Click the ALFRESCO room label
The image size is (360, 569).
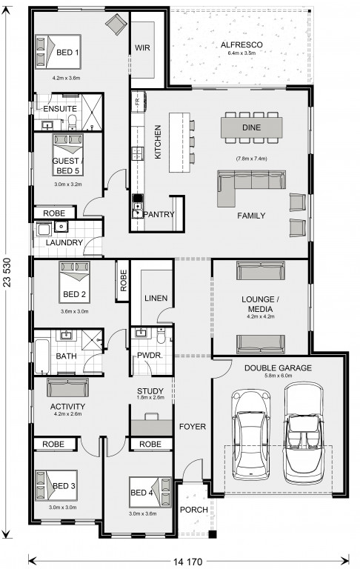point(241,45)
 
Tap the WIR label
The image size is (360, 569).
point(142,47)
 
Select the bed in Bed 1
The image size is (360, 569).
point(58,52)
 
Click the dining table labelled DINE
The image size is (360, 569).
point(252,127)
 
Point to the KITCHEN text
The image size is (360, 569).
point(158,142)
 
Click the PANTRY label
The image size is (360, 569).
point(159,214)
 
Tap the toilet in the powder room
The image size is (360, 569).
point(161,336)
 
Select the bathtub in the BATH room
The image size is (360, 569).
point(41,356)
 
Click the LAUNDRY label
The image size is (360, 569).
point(64,242)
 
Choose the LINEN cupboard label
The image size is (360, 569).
point(156,299)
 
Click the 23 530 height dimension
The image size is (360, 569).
point(7,273)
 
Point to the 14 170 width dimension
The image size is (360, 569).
point(187,562)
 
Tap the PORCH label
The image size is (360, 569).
point(194,510)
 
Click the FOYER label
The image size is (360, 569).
point(193,427)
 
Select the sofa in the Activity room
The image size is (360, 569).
point(68,387)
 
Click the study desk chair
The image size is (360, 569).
point(151,416)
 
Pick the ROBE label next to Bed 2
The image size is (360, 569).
point(124,281)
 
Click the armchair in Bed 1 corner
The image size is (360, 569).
point(116,24)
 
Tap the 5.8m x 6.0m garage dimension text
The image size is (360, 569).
point(278,376)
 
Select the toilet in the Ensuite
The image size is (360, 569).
point(72,122)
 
